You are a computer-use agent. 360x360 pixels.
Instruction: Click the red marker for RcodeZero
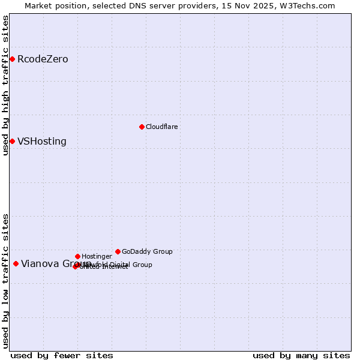[12, 59]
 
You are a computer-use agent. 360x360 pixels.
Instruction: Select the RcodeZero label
[43, 59]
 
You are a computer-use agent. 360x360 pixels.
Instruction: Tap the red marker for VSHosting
[12, 141]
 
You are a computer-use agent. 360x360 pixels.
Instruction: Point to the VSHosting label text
[41, 142]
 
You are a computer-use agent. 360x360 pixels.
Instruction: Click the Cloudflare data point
[142, 127]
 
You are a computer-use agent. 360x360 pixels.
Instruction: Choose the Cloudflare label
[161, 127]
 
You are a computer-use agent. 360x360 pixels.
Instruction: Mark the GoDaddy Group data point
[118, 251]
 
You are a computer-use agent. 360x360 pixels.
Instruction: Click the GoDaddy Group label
[147, 251]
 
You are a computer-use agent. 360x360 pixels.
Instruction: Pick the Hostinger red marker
[77, 256]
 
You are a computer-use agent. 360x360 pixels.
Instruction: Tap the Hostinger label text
[97, 256]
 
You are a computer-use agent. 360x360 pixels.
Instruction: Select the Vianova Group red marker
[16, 263]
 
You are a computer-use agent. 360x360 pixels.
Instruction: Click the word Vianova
[38, 263]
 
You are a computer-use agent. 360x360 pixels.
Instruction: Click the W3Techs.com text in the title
[307, 5]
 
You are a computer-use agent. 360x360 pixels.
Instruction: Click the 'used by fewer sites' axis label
[62, 355]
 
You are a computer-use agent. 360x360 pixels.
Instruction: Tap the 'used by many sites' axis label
[301, 355]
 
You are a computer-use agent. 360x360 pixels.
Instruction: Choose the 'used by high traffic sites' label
[5, 85]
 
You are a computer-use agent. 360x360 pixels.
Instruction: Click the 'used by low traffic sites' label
[5, 280]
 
